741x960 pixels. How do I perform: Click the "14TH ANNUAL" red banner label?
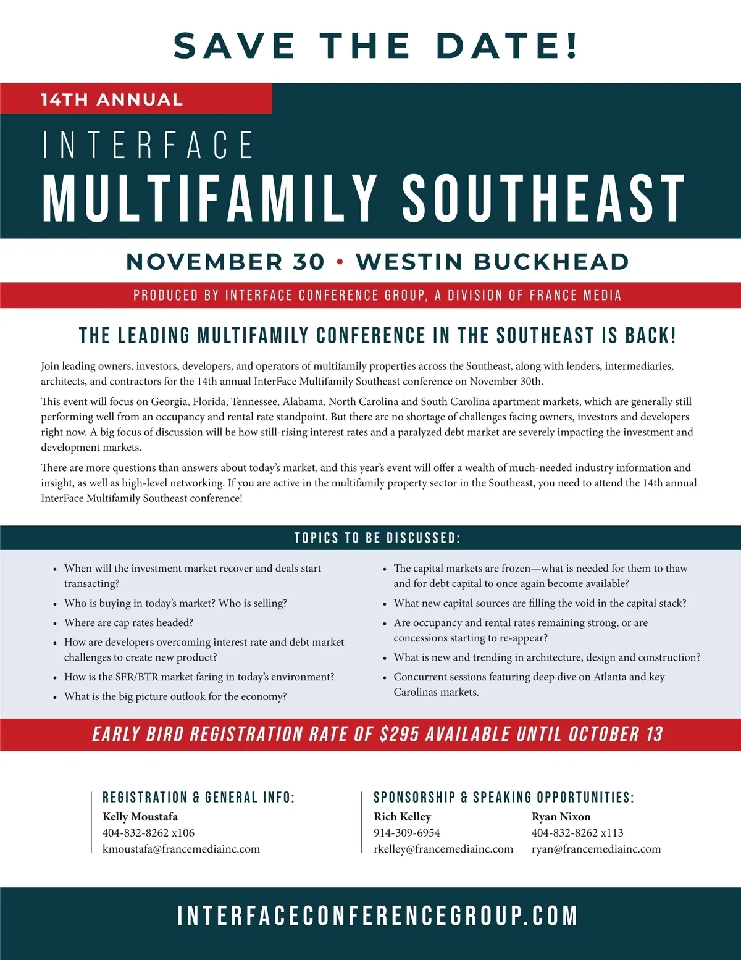click(112, 99)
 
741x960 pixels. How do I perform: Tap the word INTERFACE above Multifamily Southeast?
click(148, 145)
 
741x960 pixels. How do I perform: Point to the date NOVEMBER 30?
click(225, 262)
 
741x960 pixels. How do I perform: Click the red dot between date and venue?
click(340, 262)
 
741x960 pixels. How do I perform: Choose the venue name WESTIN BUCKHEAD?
click(492, 262)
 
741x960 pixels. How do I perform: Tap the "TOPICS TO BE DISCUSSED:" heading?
click(377, 538)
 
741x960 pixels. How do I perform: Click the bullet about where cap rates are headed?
click(128, 622)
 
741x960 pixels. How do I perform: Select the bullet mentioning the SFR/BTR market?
click(199, 677)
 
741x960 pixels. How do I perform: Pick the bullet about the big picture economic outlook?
click(175, 696)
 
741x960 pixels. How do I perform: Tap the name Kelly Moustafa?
click(140, 817)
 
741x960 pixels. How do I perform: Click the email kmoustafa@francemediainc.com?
click(181, 849)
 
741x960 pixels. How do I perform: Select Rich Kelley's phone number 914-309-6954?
click(407, 833)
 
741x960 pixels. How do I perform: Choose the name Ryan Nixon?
click(561, 817)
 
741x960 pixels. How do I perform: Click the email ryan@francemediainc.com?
click(596, 849)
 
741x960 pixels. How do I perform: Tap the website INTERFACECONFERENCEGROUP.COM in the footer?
click(377, 916)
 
